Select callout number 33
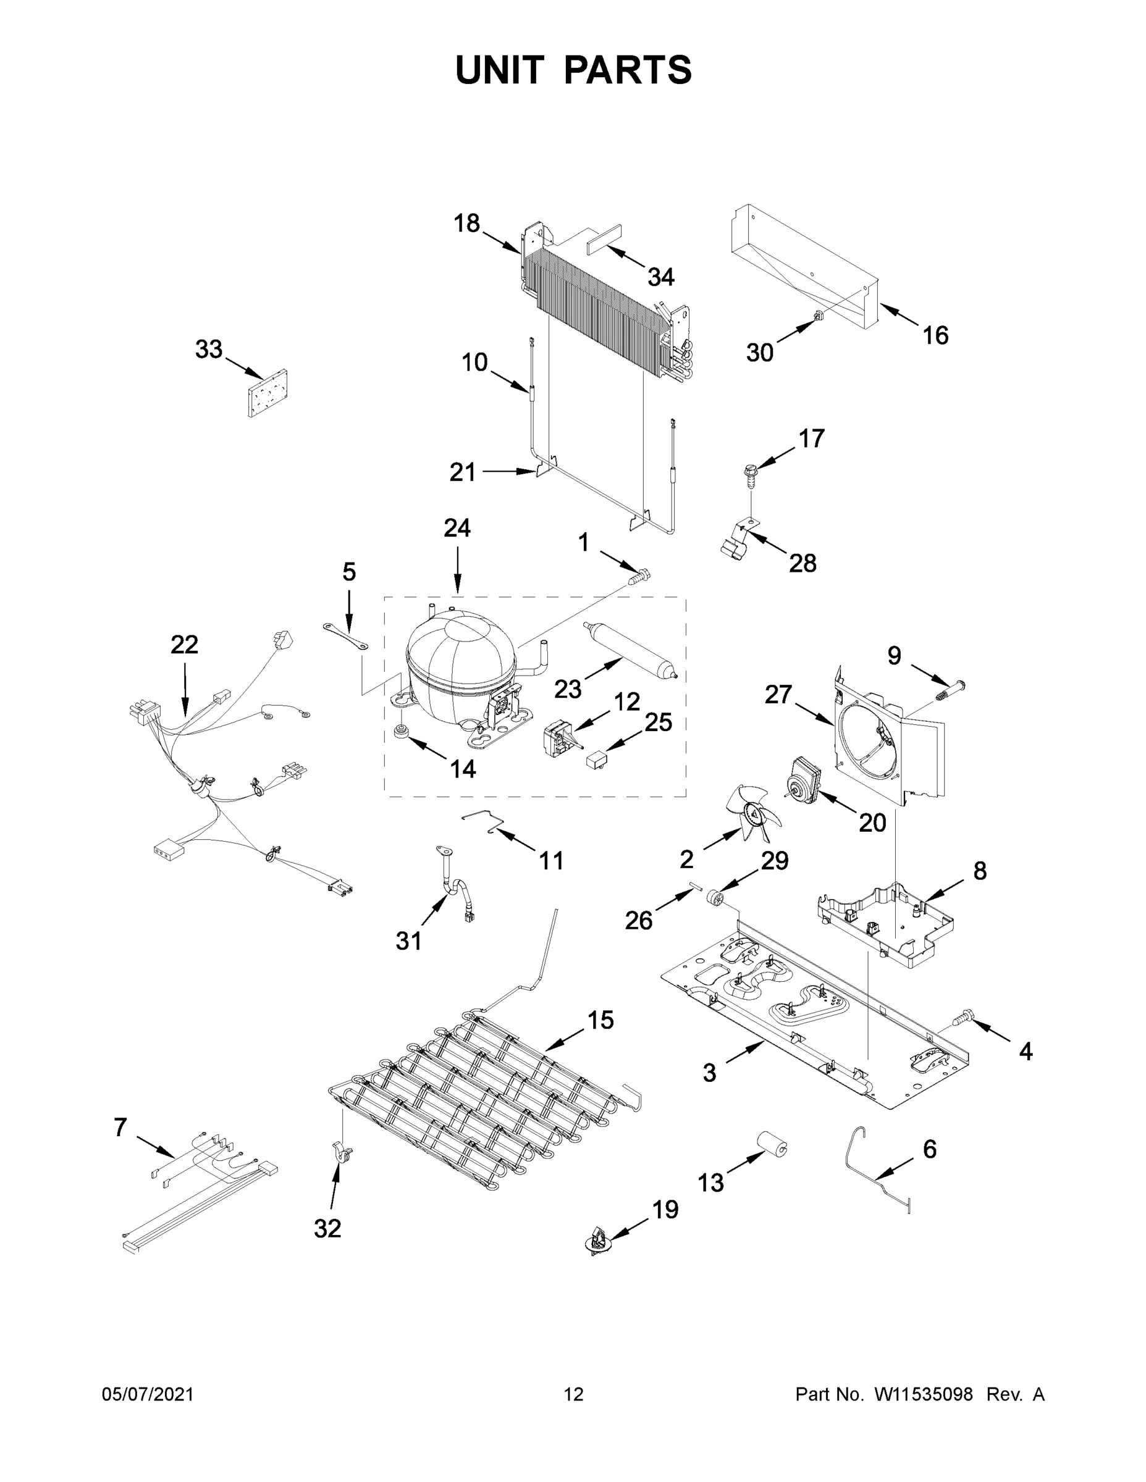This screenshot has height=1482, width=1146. click(x=208, y=350)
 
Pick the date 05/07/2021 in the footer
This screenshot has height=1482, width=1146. click(x=148, y=1394)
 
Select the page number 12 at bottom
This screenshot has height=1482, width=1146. click(x=573, y=1394)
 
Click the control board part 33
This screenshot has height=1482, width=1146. click(x=267, y=393)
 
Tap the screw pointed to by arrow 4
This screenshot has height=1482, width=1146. click(x=962, y=1036)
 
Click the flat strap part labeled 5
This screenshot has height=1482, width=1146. click(x=345, y=634)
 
